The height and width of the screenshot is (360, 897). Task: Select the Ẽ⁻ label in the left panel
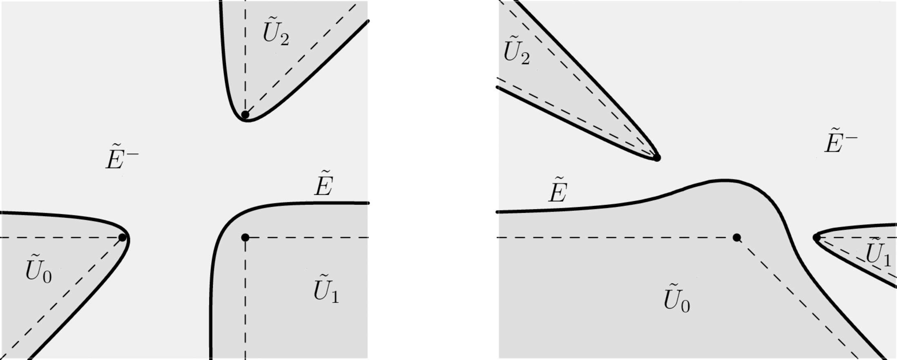[x=122, y=158]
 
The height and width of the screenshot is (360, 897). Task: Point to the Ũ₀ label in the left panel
[x=38, y=270]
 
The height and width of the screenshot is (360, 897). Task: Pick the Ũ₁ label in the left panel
[x=326, y=289]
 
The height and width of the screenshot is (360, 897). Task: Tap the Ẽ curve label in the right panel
[x=558, y=191]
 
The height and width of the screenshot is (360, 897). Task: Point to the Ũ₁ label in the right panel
[x=878, y=253]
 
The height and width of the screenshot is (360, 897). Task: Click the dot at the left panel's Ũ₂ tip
[x=245, y=115]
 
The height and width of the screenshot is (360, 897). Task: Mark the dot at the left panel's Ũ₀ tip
[x=122, y=237]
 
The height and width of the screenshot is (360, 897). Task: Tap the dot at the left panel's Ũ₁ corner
[x=245, y=237]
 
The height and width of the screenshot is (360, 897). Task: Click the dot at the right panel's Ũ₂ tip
[x=657, y=158]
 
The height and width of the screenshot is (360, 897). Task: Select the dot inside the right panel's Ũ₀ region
[x=736, y=237]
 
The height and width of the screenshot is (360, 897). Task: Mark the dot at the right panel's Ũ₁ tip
[x=817, y=237]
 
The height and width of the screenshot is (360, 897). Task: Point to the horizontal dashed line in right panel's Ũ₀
[x=613, y=237]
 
